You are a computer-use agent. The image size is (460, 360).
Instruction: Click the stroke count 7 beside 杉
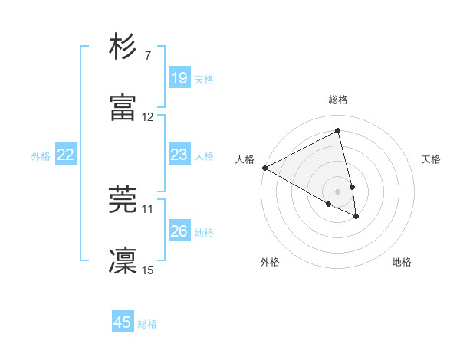click(147, 56)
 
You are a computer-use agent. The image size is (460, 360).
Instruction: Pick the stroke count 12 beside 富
click(148, 117)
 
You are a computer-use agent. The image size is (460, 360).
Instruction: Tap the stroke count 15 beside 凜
click(148, 270)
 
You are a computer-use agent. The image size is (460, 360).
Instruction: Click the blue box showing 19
click(179, 78)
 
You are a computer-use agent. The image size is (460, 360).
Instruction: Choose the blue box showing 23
click(179, 155)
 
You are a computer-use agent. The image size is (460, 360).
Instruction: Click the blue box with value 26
click(179, 231)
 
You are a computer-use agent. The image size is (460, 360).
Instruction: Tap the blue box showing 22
click(66, 155)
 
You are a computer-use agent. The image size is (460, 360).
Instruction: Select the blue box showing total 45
click(123, 322)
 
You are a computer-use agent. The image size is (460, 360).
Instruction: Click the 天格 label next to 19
click(204, 79)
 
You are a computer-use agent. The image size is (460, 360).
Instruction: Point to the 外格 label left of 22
click(41, 155)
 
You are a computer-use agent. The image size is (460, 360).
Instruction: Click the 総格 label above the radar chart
click(338, 100)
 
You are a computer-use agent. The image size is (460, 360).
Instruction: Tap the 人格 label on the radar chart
click(245, 159)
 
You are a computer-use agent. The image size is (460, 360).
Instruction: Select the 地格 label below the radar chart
click(402, 262)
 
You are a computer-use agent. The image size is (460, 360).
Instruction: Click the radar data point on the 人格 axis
click(264, 168)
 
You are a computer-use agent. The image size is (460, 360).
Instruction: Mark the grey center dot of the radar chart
click(338, 191)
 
